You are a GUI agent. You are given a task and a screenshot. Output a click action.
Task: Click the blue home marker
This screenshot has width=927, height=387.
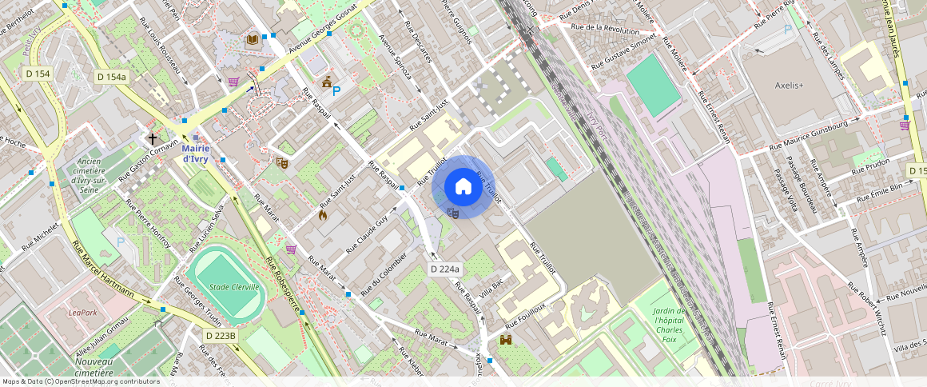tap(463, 187)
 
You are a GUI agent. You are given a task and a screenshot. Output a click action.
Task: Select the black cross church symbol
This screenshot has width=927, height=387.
tap(152, 138)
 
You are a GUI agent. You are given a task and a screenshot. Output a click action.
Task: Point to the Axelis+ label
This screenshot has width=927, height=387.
tap(790, 85)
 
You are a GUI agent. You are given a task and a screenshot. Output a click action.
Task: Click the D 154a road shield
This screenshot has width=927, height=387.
tap(111, 77)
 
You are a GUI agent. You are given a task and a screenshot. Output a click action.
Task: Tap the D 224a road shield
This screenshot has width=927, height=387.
tap(445, 269)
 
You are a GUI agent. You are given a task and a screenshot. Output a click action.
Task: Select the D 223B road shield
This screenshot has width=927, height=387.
tap(220, 336)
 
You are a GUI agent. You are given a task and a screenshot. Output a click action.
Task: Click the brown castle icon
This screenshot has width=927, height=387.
tap(506, 340)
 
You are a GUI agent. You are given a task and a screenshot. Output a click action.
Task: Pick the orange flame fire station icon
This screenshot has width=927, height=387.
tap(323, 214)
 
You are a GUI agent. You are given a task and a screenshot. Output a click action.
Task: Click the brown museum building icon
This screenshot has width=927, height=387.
tap(327, 82)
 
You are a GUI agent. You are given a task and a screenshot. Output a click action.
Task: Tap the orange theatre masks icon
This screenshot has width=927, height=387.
tap(281, 162)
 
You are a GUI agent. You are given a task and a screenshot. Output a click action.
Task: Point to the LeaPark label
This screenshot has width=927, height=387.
tap(83, 312)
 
